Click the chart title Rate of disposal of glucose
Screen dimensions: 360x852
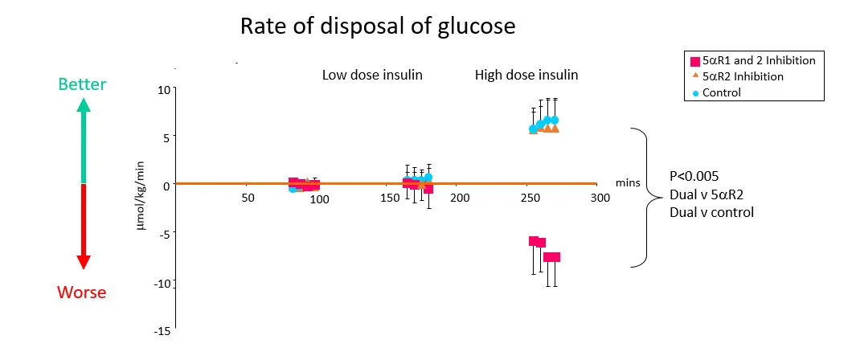[x=378, y=27]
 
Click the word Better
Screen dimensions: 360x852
[x=83, y=84]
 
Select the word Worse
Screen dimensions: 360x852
[x=81, y=292]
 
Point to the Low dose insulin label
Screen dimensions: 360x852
[x=372, y=75]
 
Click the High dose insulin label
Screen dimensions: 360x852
[x=526, y=75]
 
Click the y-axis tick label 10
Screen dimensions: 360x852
[x=163, y=89]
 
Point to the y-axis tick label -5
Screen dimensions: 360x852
[x=163, y=234]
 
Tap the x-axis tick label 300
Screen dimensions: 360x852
[x=597, y=197]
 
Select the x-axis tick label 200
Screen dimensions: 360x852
[x=459, y=197]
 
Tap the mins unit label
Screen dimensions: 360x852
[x=627, y=183]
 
